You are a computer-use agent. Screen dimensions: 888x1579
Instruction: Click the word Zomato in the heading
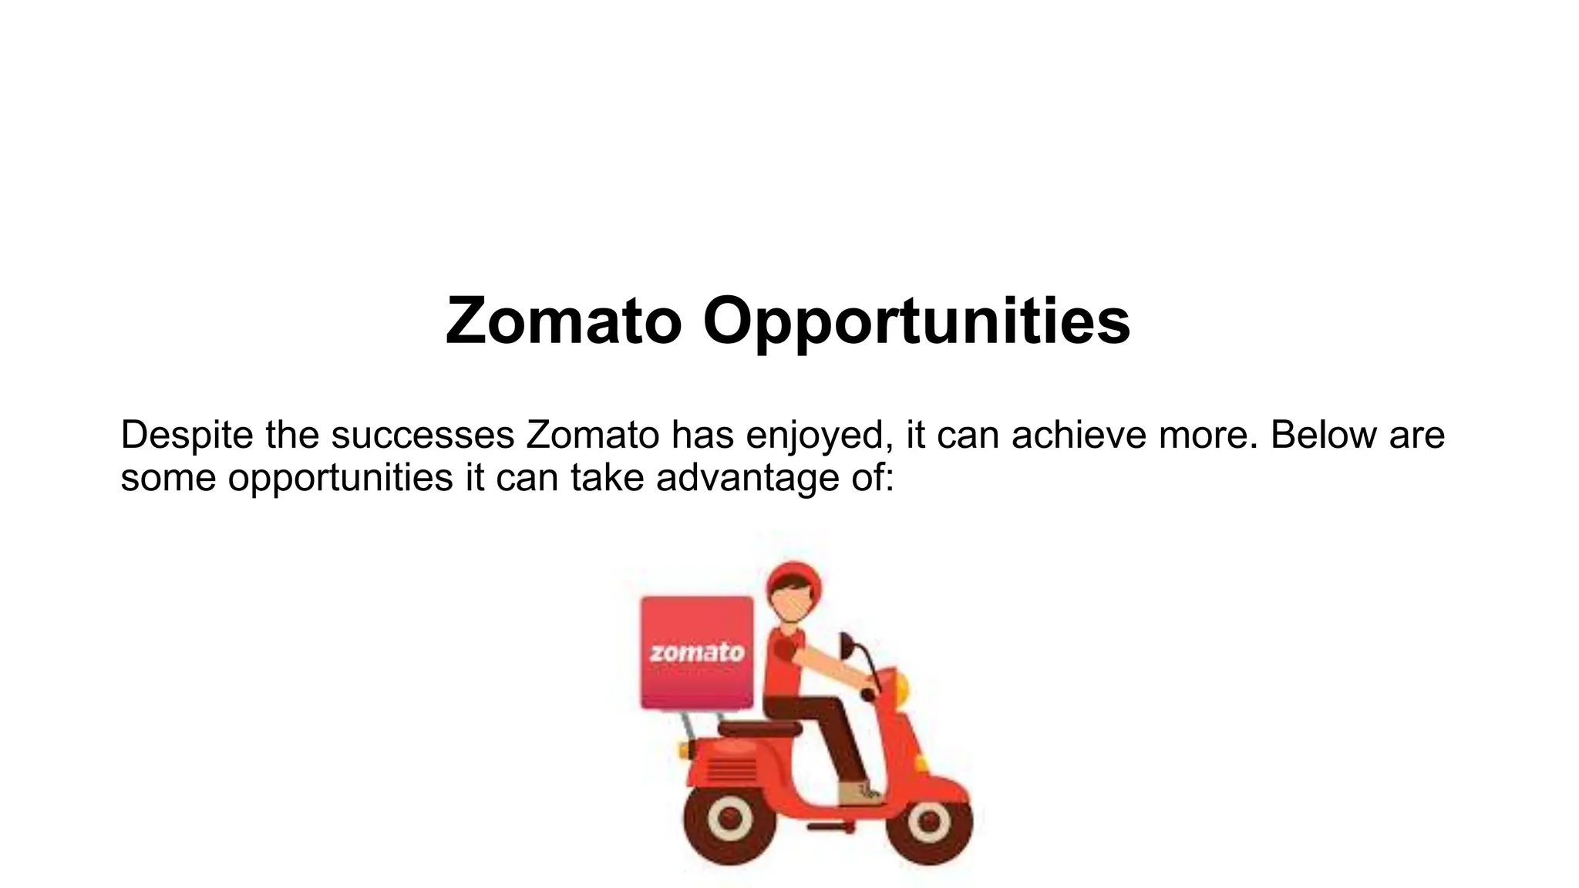564,321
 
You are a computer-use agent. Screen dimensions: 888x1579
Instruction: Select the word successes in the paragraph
423,436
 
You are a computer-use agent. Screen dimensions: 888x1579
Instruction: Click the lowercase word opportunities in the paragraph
340,479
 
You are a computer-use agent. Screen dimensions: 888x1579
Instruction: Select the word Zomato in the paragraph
593,436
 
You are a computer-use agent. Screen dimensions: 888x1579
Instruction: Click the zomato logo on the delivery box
697,652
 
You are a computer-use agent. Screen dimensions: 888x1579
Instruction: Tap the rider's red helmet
793,582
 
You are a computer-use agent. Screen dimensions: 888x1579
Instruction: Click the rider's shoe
859,793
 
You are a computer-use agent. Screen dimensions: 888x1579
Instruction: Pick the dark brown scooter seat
759,728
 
